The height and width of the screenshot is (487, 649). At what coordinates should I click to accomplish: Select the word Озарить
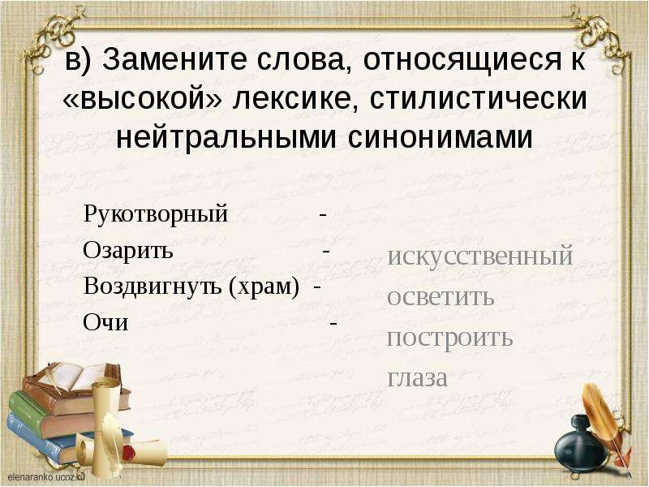click(128, 250)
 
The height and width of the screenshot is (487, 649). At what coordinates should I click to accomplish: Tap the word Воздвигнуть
click(153, 287)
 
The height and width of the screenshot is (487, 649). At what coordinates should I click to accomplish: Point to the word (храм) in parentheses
click(264, 287)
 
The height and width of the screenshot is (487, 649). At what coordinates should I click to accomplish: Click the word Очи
click(105, 322)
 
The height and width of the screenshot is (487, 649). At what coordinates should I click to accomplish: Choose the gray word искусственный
click(480, 256)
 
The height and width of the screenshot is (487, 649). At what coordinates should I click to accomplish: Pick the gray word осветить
click(441, 296)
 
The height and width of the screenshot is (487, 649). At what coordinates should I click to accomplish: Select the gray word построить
click(450, 338)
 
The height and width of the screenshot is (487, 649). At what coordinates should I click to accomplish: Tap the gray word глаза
click(418, 377)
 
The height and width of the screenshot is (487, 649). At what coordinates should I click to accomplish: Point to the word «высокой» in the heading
click(143, 99)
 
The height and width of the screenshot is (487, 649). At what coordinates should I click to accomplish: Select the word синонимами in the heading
click(440, 137)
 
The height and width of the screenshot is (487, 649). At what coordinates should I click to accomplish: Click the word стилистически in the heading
click(479, 98)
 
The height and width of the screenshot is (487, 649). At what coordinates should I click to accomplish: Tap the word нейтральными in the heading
click(226, 137)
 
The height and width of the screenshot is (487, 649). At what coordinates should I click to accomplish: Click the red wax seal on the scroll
click(129, 452)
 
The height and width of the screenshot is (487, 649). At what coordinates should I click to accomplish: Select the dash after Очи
click(333, 323)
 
